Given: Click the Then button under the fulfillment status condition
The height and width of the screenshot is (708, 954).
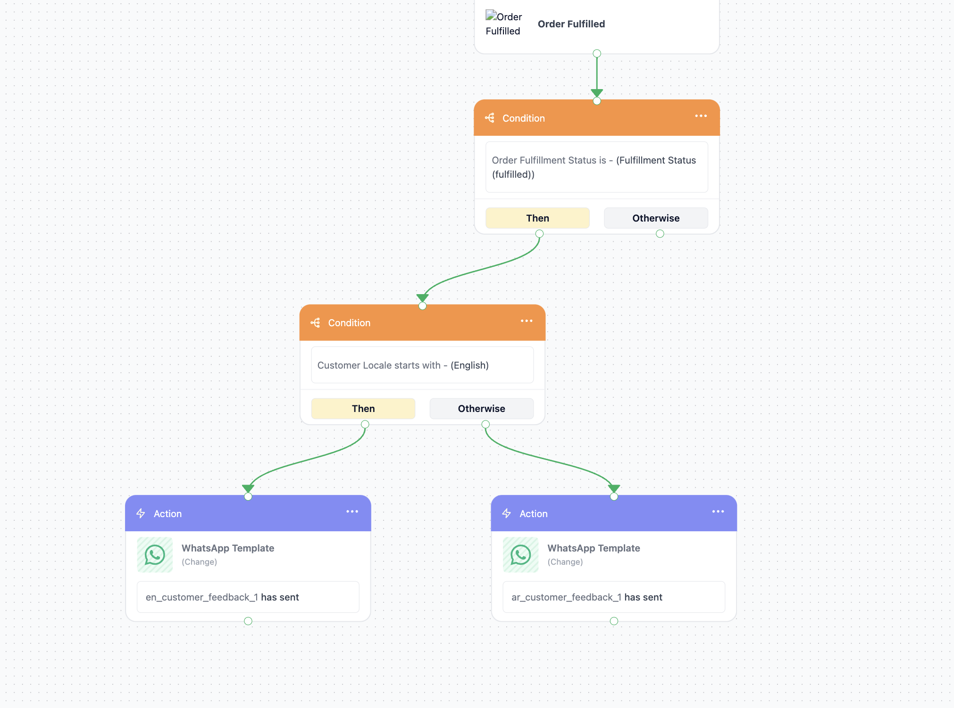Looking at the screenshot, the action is (x=537, y=218).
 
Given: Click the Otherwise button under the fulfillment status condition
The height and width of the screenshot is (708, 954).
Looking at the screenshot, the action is (x=656, y=218).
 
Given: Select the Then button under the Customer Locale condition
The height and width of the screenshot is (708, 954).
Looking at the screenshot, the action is (x=363, y=409).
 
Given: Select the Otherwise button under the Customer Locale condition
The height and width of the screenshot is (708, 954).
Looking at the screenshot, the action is (x=481, y=409).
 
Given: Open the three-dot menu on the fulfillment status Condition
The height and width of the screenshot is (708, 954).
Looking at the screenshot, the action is (x=701, y=116).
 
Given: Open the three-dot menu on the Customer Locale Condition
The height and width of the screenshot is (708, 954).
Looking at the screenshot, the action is (x=527, y=321).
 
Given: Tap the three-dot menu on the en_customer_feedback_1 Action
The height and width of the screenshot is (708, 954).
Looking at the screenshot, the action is (x=352, y=511).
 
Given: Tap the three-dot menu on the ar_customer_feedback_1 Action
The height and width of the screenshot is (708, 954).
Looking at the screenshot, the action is (x=718, y=511).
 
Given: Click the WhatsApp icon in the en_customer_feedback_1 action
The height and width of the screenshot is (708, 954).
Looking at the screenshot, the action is (x=155, y=555).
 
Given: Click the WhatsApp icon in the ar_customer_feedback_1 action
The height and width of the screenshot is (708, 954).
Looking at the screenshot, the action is (x=520, y=555).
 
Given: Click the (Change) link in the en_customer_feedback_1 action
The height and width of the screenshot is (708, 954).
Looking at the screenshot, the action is (x=199, y=562).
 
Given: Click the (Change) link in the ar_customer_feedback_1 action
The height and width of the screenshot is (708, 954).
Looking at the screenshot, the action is (x=565, y=562).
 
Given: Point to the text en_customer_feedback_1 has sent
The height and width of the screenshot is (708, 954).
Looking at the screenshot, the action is (x=222, y=597).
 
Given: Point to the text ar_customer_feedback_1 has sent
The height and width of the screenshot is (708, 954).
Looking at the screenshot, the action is (x=587, y=597).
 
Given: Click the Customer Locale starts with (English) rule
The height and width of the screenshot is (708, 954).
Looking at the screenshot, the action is (x=403, y=365).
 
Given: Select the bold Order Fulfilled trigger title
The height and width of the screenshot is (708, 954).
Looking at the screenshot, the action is (x=571, y=24).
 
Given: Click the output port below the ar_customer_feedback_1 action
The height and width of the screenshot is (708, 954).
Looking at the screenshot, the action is (x=614, y=621).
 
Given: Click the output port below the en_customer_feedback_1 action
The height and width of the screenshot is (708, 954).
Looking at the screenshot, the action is (x=248, y=621).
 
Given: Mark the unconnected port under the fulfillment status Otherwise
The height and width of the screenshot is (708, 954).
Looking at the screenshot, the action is (x=660, y=234).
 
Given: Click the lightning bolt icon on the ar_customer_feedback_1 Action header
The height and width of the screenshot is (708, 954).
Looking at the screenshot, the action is (x=507, y=513).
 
